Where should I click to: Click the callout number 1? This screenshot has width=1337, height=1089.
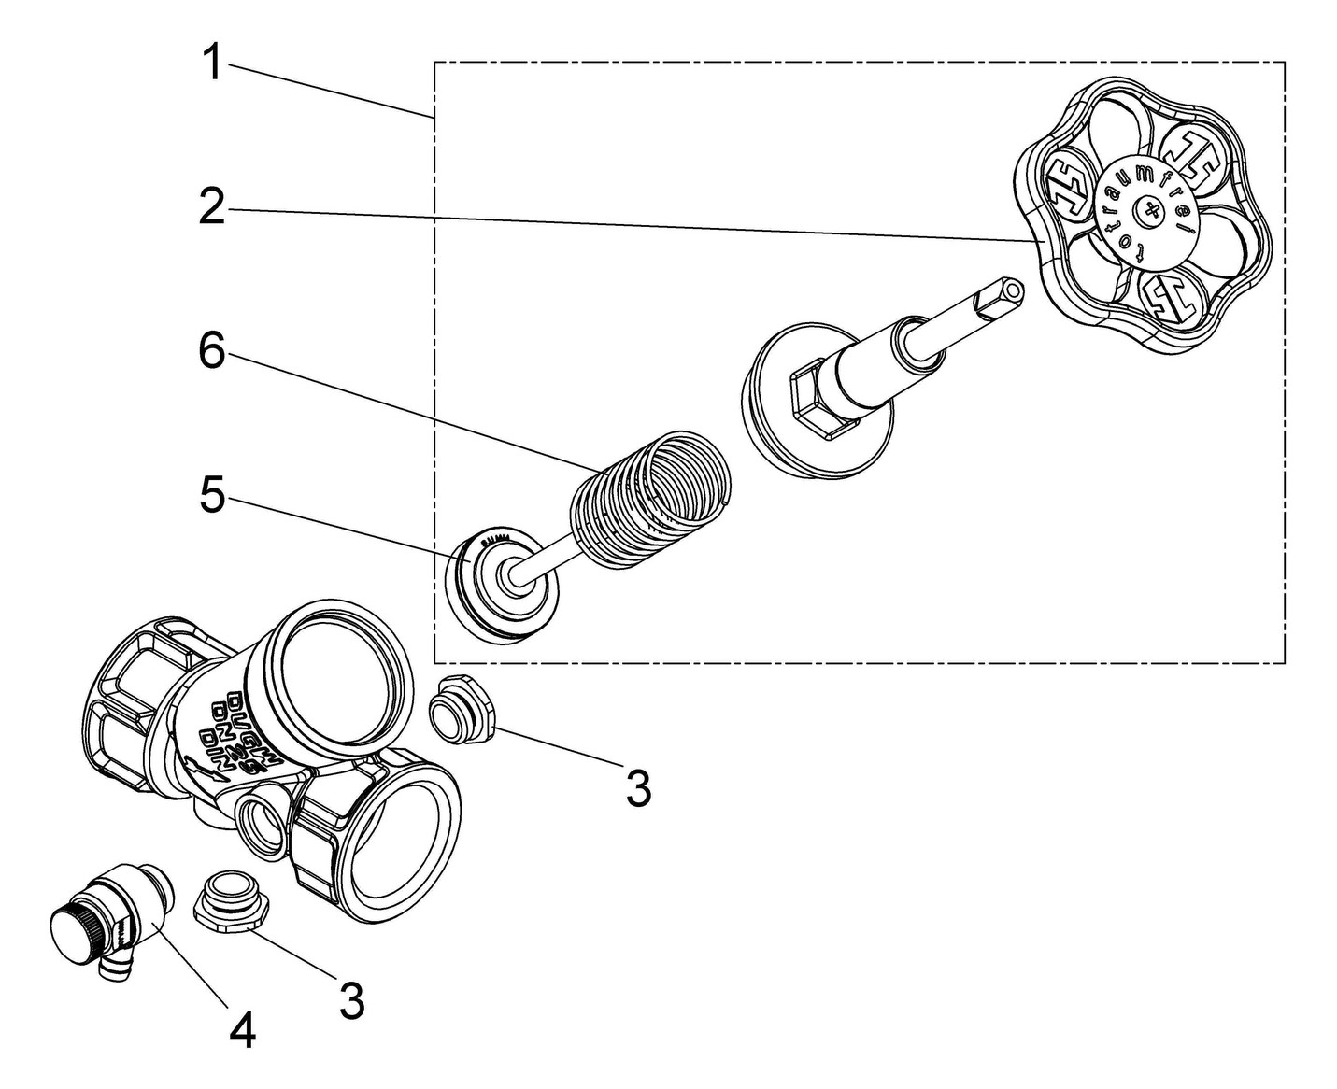(x=213, y=64)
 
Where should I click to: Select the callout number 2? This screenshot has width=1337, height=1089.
(x=213, y=207)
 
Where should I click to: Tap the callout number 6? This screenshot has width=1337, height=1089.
(x=213, y=353)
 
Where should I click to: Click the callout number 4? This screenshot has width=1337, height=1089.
(x=243, y=1031)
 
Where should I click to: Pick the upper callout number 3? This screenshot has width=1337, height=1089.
(x=638, y=789)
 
